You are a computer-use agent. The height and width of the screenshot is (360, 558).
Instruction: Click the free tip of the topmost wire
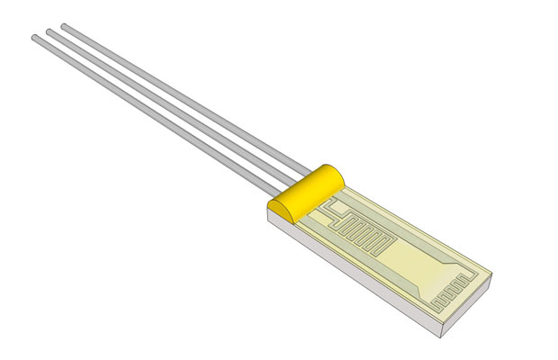(x=64, y=26)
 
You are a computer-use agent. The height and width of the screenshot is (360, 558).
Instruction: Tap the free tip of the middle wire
(x=49, y=31)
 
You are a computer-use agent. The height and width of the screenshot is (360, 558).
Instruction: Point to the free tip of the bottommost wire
(x=35, y=38)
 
